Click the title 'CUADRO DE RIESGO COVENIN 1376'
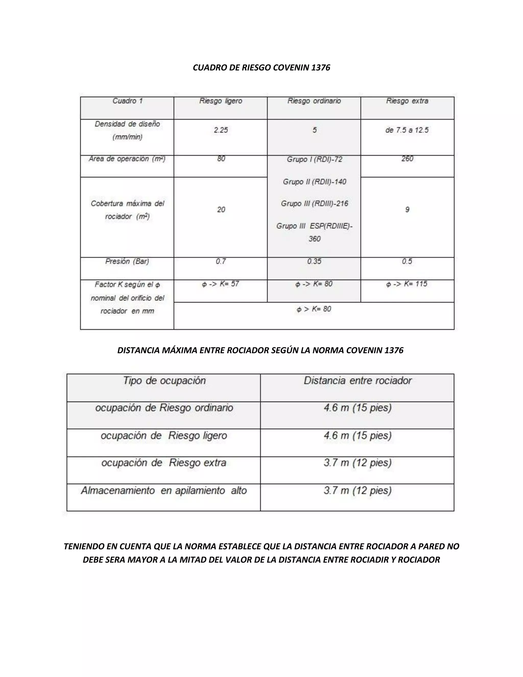tap(261, 68)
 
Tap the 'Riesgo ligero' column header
tap(221, 101)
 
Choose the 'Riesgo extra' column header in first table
tap(407, 101)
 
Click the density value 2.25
tap(221, 130)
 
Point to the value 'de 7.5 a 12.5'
tap(407, 130)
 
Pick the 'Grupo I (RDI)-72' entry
tap(314, 160)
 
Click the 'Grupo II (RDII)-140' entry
tap(314, 182)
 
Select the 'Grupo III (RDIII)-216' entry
tap(314, 204)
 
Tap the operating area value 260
tap(407, 159)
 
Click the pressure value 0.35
tap(314, 261)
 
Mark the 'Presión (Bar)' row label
tap(127, 261)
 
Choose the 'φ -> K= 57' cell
tap(220, 284)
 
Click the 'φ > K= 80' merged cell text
tap(314, 309)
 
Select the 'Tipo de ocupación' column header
tap(164, 381)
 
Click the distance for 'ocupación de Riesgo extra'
tap(358, 463)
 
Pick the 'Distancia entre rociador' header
tap(358, 381)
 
